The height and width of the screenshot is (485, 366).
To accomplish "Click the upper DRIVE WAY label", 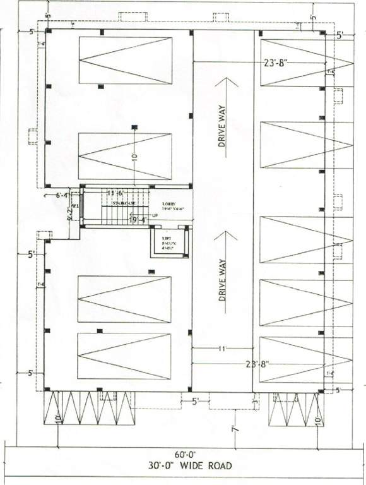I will [222, 127].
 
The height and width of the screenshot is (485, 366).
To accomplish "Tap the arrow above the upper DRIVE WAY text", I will [222, 85].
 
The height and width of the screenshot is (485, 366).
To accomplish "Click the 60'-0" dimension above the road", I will [182, 454].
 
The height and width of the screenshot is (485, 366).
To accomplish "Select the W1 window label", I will [74, 206].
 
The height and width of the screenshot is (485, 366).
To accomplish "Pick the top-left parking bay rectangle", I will [126, 60].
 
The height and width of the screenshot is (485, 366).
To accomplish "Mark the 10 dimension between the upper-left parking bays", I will [134, 155].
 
